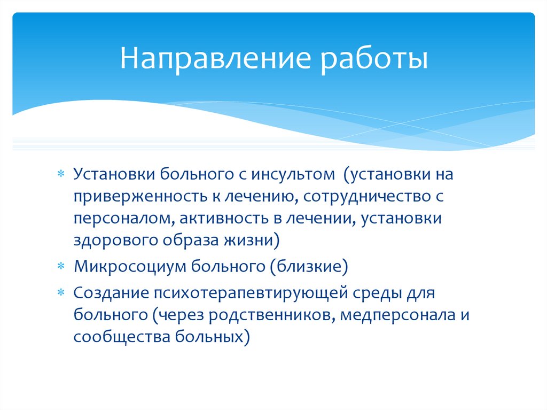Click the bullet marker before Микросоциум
pos(61,266)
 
